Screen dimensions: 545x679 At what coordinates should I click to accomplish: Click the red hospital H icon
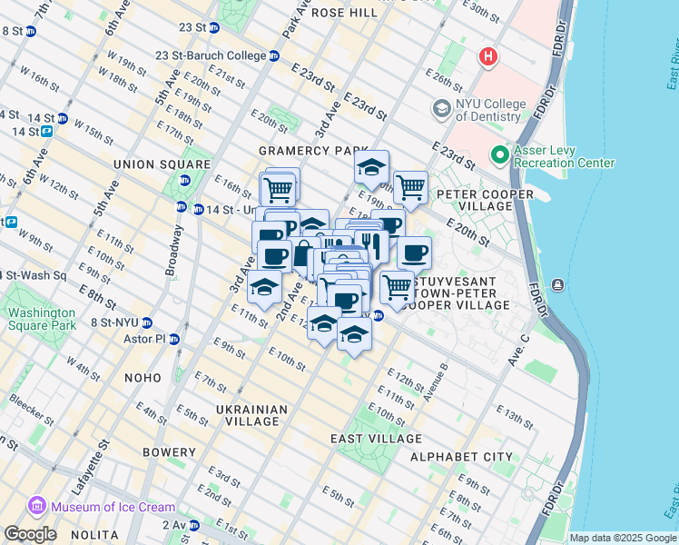click(488, 57)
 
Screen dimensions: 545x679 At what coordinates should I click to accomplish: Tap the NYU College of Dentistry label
click(490, 110)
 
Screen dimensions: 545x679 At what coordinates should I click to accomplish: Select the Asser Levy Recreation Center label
click(563, 156)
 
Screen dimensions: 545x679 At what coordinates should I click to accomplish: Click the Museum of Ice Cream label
click(98, 505)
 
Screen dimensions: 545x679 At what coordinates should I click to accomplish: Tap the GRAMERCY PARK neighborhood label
click(314, 151)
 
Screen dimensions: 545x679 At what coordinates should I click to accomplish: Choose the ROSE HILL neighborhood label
click(344, 13)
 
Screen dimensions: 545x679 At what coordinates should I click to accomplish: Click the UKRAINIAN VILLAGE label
click(251, 415)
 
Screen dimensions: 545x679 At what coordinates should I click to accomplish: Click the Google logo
click(30, 534)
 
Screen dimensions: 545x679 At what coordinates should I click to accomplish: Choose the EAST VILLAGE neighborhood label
click(367, 439)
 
